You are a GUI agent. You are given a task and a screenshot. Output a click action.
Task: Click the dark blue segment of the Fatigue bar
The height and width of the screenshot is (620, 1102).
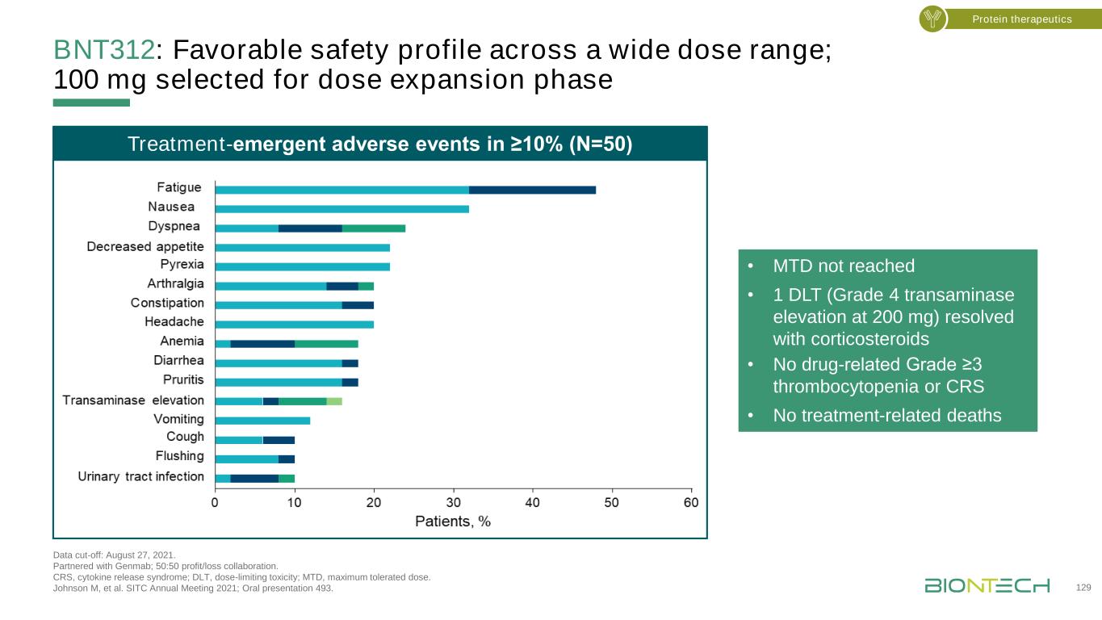[532, 190]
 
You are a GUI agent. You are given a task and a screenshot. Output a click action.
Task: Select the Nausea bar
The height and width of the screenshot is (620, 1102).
[341, 209]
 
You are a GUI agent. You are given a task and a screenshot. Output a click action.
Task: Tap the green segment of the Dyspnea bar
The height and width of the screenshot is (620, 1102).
[373, 228]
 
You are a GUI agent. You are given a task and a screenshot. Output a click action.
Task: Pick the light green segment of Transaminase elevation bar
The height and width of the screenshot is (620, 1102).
[334, 400]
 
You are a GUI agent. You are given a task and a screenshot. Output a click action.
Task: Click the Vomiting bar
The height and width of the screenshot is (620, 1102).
[262, 420]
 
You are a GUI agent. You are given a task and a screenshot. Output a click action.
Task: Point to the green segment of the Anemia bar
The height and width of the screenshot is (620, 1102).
[326, 343]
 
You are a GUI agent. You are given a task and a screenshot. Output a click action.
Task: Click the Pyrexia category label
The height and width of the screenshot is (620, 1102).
[182, 265]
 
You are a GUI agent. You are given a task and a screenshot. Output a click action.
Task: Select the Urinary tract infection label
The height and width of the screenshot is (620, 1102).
[140, 476]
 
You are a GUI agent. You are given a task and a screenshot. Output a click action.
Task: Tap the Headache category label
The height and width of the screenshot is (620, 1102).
[174, 322]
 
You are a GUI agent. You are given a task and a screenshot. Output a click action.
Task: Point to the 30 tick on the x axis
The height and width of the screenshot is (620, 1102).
[453, 503]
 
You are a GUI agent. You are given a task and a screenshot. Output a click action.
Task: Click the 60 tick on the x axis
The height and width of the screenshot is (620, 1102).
[691, 503]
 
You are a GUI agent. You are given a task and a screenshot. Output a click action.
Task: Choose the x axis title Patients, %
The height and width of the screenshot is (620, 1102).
[452, 522]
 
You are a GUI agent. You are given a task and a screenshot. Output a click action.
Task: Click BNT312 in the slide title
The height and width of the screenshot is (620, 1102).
[103, 50]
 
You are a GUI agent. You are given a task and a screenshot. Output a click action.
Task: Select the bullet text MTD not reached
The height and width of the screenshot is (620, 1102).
[844, 266]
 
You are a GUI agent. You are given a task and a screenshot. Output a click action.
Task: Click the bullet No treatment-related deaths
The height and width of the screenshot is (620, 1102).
[886, 416]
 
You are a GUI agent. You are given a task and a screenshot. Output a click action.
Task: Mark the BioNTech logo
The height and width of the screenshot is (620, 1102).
[987, 585]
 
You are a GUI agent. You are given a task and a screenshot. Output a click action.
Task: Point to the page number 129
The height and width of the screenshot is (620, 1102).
[1084, 588]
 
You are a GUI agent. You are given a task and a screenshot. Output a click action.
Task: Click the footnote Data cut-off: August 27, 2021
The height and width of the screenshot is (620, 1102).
[113, 555]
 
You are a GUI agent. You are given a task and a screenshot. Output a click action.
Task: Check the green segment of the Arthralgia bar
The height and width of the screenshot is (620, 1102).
[366, 286]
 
